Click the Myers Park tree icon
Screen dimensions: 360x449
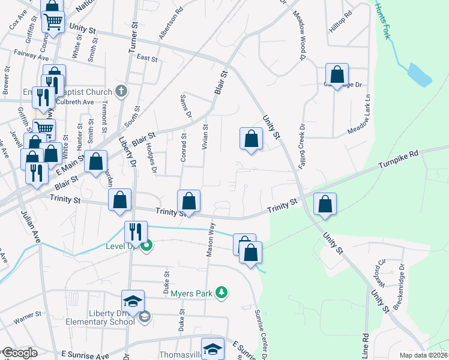click(222, 292)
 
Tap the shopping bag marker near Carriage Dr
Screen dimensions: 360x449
click(337, 75)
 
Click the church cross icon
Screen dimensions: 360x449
click(121, 92)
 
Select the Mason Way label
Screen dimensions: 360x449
click(211, 239)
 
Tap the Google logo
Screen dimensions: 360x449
click(19, 353)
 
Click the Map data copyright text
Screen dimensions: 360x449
click(424, 355)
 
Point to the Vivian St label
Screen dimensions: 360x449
click(205, 138)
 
